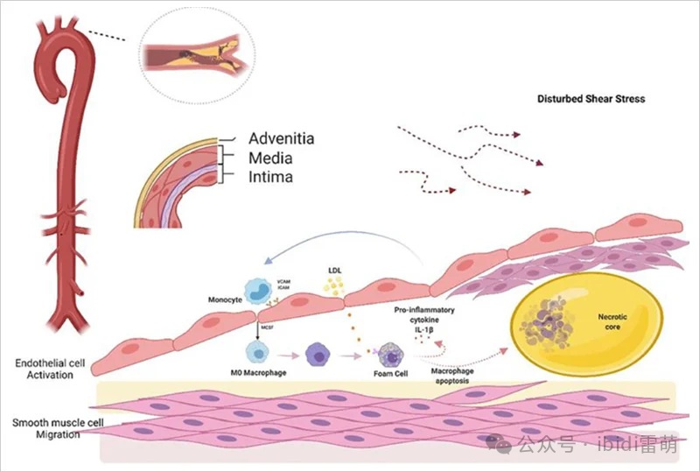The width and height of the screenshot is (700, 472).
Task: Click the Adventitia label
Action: pyautogui.click(x=281, y=138)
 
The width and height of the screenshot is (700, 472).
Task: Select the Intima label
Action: pyautogui.click(x=270, y=177)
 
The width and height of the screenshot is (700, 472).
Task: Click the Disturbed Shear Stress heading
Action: pyautogui.click(x=591, y=99)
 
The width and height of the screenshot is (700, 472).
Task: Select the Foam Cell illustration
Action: pyautogui.click(x=385, y=355)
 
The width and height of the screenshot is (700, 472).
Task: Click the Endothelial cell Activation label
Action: pyautogui.click(x=45, y=369)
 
